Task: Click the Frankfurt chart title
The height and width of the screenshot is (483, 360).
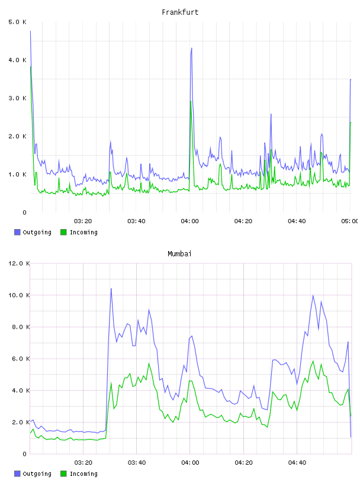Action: point(180,12)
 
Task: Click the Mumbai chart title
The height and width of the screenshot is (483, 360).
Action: point(179,254)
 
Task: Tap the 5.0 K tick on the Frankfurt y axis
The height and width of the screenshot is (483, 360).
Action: point(17,22)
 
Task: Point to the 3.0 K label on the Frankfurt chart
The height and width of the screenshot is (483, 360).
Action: point(17,98)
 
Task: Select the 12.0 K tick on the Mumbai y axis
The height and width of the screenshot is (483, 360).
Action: point(19,263)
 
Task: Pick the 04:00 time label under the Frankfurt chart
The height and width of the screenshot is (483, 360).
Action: point(190,221)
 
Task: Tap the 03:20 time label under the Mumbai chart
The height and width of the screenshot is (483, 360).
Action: point(83,462)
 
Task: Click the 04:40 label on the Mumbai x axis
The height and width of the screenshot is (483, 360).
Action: point(297,462)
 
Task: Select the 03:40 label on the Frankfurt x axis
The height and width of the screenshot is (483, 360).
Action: point(136,221)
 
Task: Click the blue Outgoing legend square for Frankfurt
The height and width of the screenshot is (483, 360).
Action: point(17,232)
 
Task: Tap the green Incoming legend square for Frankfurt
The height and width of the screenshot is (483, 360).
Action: point(63,232)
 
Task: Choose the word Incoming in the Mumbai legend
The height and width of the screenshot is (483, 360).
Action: point(83,474)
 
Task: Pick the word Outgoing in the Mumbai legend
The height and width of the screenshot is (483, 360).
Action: point(37,474)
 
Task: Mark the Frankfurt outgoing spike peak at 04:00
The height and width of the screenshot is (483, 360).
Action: point(192,48)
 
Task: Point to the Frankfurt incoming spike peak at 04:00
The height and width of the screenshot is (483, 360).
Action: point(191,101)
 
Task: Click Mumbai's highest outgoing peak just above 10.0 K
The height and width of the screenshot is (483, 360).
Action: point(111,289)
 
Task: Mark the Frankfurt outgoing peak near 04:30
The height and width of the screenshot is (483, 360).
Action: point(271,114)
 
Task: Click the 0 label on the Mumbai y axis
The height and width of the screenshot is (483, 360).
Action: point(25,454)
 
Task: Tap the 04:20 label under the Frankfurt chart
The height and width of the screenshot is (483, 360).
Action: point(243,221)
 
